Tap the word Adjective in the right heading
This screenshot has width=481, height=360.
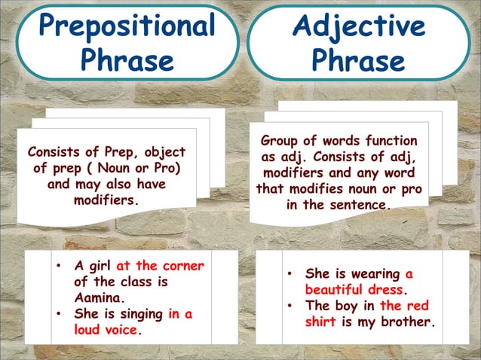coord(358,26)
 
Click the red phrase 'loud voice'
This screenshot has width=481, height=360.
coord(106,330)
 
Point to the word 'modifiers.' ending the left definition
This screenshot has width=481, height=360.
coord(106,201)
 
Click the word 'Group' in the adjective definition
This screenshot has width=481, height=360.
coord(281,141)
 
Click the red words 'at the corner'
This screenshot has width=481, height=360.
coord(160,266)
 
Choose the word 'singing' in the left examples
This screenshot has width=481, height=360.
coord(139,314)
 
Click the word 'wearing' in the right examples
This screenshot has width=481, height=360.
coord(375,273)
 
